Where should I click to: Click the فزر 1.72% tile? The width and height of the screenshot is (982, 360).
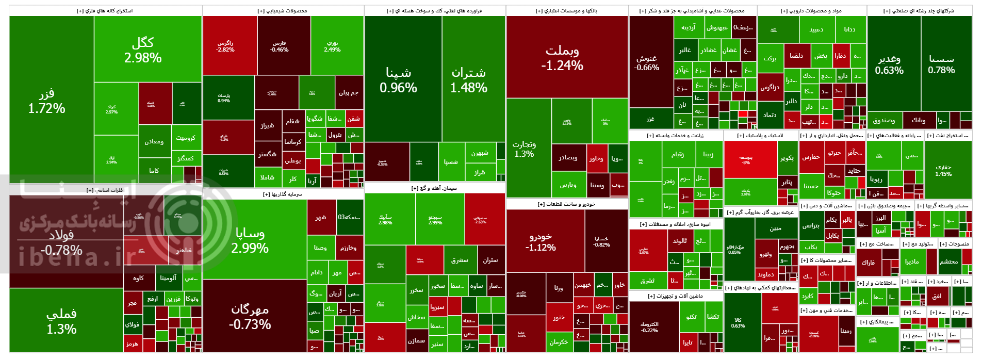46,101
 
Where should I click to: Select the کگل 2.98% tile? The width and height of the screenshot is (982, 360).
143,50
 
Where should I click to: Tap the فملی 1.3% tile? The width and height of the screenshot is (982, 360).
61,321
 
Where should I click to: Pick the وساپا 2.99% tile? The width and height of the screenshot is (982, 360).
250,240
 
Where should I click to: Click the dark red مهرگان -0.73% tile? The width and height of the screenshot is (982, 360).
250,316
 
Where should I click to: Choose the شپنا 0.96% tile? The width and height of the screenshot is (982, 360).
398,80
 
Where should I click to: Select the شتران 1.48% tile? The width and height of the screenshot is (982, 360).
469,80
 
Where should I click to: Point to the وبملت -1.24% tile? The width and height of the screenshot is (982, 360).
562,58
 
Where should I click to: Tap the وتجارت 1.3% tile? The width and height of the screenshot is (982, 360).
525,149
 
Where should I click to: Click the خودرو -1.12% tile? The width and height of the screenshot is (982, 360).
541,241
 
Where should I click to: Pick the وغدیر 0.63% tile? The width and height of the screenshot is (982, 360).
889,64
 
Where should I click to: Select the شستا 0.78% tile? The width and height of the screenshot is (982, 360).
941,64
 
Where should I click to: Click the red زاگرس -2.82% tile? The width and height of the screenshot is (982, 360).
225,46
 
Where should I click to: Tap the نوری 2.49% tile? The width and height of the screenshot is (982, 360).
332,46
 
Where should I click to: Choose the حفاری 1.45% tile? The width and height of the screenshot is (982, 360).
943,170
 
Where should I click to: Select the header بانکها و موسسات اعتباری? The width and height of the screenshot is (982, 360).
566,10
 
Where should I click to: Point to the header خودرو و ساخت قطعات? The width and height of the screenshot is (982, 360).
566,204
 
